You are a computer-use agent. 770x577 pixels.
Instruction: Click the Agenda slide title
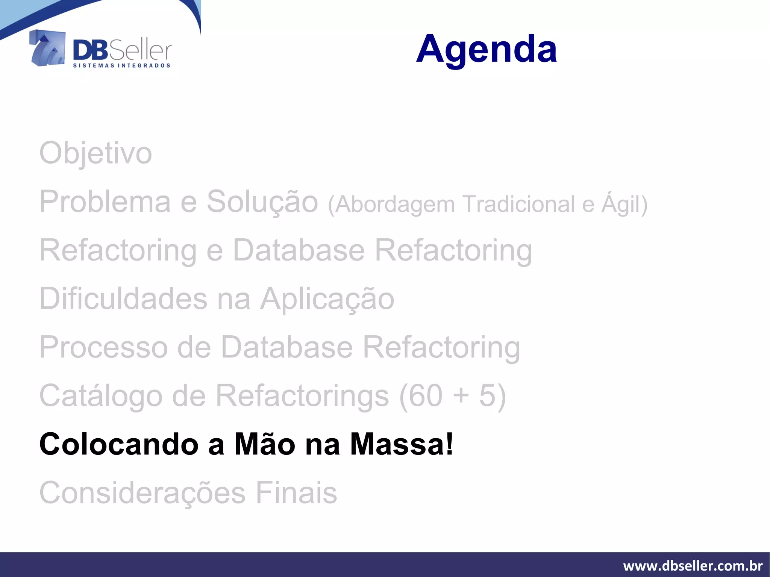[x=486, y=49]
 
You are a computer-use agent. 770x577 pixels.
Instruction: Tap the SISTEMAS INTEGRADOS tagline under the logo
[x=121, y=65]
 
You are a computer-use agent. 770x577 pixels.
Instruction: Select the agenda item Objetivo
[x=95, y=153]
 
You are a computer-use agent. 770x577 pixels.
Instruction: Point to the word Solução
[x=262, y=202]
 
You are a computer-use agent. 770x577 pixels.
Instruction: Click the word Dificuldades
[x=123, y=299]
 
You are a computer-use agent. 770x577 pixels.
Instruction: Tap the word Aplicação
[x=327, y=299]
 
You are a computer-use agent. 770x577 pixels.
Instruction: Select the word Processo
[x=103, y=347]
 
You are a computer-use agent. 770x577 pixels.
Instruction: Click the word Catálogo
[x=101, y=396]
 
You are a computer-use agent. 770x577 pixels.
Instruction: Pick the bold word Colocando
[x=119, y=444]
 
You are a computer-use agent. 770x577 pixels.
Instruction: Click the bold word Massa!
[x=402, y=444]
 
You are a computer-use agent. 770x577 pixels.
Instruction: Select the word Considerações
[x=142, y=493]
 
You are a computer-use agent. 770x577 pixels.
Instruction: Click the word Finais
[x=296, y=493]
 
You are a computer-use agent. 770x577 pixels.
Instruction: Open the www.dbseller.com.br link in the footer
[x=693, y=565]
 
